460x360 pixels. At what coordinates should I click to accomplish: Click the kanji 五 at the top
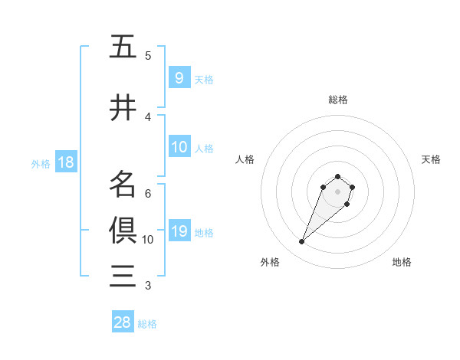pyautogui.click(x=123, y=47)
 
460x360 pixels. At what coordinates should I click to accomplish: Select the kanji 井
pyautogui.click(x=123, y=108)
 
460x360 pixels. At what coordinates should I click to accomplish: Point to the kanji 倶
pyautogui.click(x=123, y=229)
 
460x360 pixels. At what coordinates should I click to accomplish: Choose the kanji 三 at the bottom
pyautogui.click(x=123, y=275)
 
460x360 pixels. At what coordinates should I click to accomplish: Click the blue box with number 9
pyautogui.click(x=179, y=78)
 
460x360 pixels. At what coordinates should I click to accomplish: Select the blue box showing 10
pyautogui.click(x=179, y=147)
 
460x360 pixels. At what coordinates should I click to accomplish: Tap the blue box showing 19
pyautogui.click(x=179, y=231)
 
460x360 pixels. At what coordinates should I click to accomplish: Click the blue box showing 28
pyautogui.click(x=123, y=322)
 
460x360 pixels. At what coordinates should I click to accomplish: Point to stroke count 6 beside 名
pyautogui.click(x=148, y=193)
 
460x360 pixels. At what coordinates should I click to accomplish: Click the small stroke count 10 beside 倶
pyautogui.click(x=148, y=239)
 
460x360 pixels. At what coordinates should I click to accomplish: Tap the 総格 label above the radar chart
pyautogui.click(x=337, y=100)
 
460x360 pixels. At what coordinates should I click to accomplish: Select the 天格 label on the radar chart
pyautogui.click(x=431, y=159)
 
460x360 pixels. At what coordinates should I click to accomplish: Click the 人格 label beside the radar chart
pyautogui.click(x=245, y=159)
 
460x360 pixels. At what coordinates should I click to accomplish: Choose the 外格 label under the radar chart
pyautogui.click(x=270, y=262)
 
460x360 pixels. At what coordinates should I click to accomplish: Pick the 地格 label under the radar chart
pyautogui.click(x=402, y=262)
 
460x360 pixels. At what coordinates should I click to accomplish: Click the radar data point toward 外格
pyautogui.click(x=302, y=242)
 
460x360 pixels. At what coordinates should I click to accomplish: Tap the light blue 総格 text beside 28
pyautogui.click(x=147, y=324)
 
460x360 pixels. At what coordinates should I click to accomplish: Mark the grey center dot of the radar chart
pyautogui.click(x=337, y=191)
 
